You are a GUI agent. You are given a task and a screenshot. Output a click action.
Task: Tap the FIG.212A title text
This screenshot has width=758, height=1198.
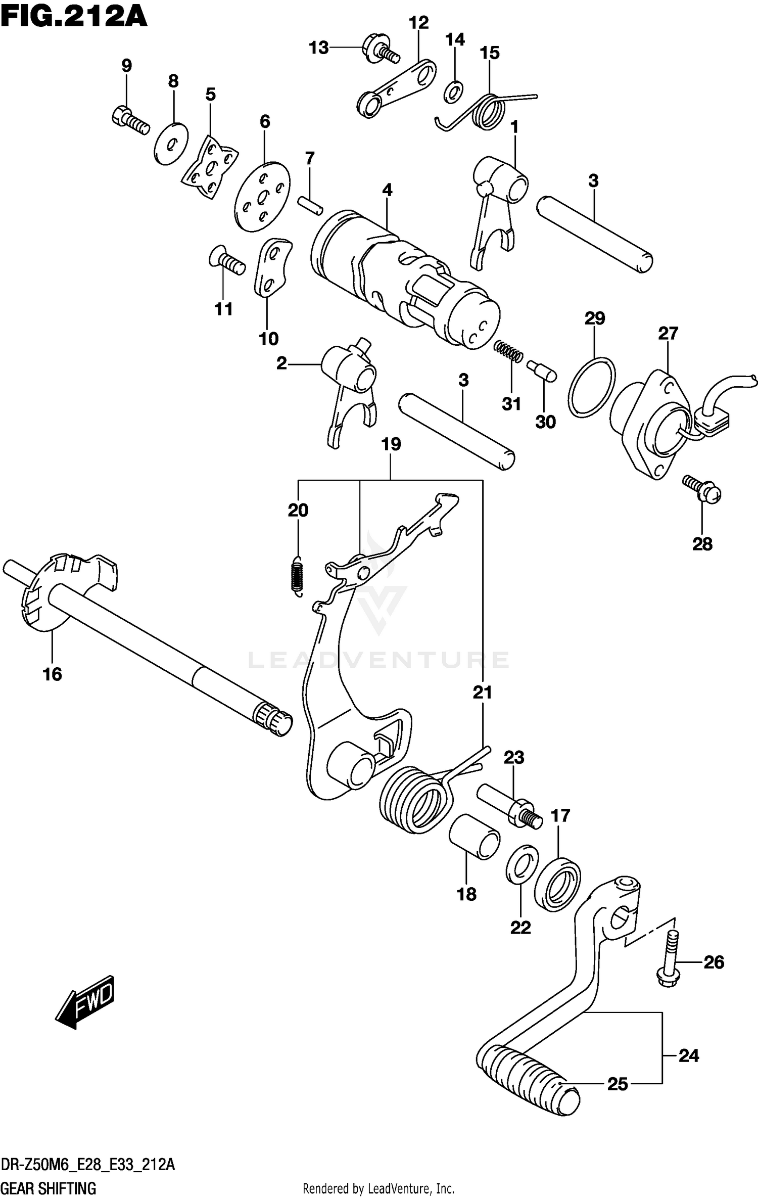[x=74, y=16]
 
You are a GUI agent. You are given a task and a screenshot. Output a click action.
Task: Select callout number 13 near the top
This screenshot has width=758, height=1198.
[x=319, y=48]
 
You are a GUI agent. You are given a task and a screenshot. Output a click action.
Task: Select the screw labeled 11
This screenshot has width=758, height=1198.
[x=227, y=260]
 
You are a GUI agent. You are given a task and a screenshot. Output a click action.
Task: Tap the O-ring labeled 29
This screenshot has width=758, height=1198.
[x=592, y=387]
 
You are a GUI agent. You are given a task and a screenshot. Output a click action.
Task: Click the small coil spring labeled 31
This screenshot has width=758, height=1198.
[x=508, y=351]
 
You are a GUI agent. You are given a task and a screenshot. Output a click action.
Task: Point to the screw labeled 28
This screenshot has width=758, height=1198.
[x=702, y=489]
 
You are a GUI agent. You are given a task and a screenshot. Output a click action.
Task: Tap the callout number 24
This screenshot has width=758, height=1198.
[x=688, y=1056]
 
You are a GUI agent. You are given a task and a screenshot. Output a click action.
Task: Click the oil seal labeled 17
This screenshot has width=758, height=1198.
[x=557, y=885]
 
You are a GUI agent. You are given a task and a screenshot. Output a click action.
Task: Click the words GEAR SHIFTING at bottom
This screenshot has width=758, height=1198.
[x=49, y=1187]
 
